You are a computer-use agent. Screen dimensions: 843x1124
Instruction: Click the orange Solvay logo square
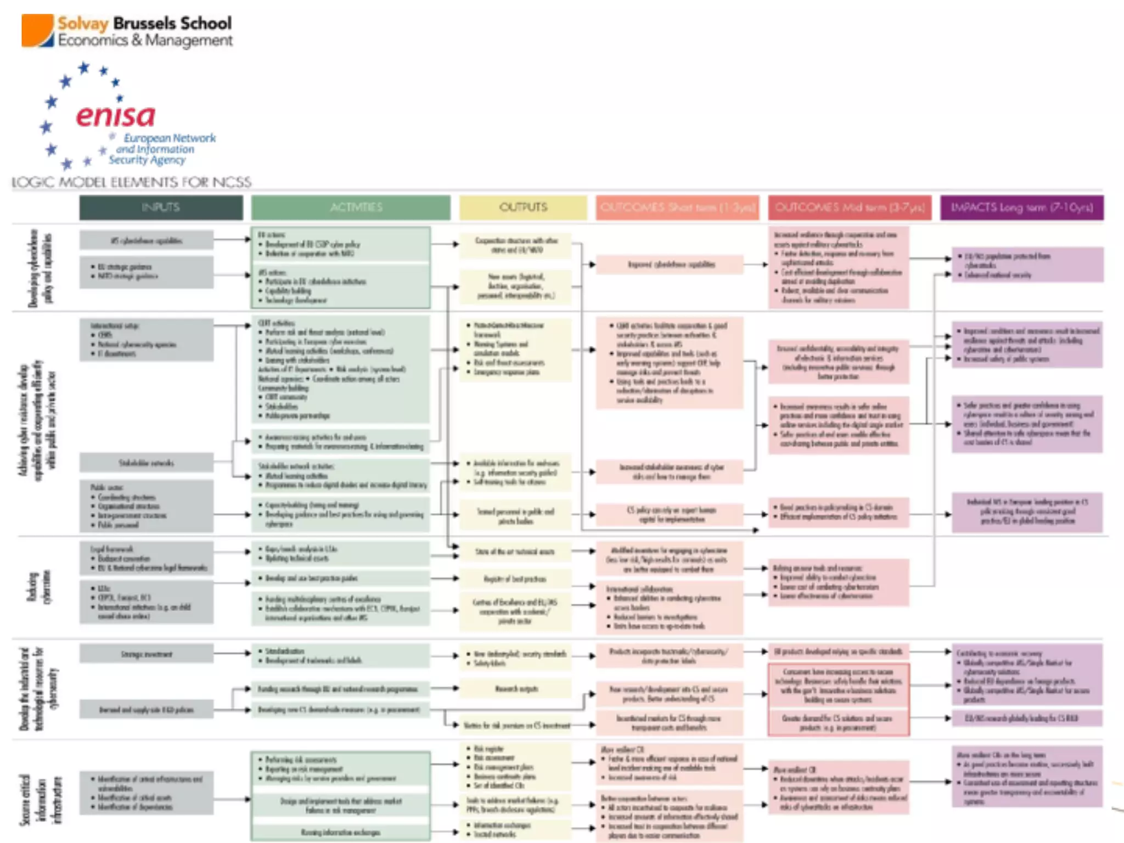pos(37,31)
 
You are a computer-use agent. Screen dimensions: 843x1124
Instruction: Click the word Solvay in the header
pos(83,24)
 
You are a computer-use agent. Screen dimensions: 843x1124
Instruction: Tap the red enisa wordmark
pos(116,116)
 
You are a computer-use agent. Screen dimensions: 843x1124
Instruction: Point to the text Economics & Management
pos(145,41)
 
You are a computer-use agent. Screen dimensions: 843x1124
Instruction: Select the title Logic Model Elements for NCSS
pos(132,182)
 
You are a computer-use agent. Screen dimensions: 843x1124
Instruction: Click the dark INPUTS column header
pos(161,207)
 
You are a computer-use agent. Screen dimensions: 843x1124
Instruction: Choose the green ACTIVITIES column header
pos(351,207)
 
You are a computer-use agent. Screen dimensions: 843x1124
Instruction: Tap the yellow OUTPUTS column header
pos(523,207)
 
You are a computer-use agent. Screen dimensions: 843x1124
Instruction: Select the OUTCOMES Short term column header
pos(677,207)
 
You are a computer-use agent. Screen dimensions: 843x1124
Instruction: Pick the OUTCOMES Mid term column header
pos(850,207)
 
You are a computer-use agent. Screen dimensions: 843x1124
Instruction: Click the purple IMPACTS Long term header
pos(1021,207)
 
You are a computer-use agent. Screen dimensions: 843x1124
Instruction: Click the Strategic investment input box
pos(147,654)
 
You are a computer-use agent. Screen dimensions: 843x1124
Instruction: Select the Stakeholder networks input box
pos(147,463)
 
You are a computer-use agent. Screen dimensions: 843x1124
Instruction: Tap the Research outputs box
pos(516,688)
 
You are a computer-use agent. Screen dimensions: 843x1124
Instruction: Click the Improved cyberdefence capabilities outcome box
pos(670,265)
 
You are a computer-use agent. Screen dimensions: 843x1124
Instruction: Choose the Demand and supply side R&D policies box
pos(147,710)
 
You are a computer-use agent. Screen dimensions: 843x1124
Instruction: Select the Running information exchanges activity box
pos(340,832)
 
